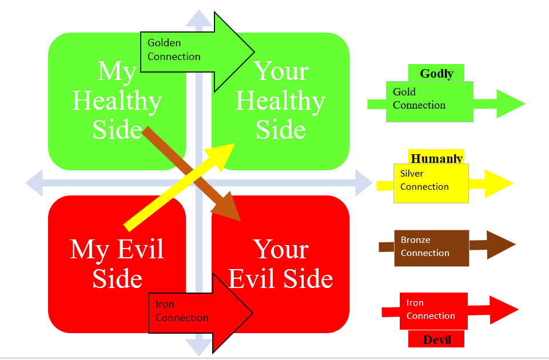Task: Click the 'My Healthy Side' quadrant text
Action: pyautogui.click(x=117, y=101)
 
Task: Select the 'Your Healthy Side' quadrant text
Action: pyautogui.click(x=280, y=101)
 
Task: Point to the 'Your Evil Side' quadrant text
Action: pyautogui.click(x=280, y=264)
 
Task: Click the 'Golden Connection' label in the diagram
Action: pyautogui.click(x=174, y=50)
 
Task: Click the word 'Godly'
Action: pyautogui.click(x=436, y=74)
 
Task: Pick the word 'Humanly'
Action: pyautogui.click(x=436, y=158)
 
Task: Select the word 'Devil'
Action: pyautogui.click(x=437, y=340)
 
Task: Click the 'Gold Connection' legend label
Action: pyautogui.click(x=419, y=98)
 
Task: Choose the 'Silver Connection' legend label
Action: pyautogui.click(x=424, y=180)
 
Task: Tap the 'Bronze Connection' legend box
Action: pyautogui.click(x=432, y=247)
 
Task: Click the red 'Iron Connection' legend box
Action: pyautogui.click(x=433, y=310)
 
